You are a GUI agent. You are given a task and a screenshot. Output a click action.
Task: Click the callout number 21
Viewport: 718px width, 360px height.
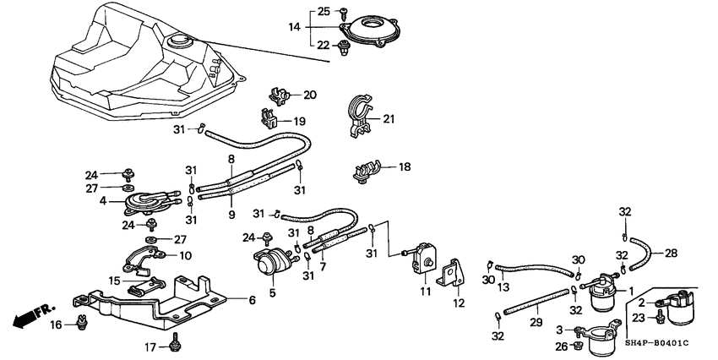(389, 119)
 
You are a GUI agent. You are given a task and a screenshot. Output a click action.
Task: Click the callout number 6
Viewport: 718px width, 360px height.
(250, 299)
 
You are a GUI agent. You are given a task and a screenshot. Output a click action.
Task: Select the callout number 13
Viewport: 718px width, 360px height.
(505, 286)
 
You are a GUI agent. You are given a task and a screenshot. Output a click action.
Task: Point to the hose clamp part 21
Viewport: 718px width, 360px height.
(359, 119)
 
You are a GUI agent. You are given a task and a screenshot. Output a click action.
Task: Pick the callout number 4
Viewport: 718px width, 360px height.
(103, 201)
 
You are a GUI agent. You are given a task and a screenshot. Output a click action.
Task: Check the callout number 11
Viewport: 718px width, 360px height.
(425, 292)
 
